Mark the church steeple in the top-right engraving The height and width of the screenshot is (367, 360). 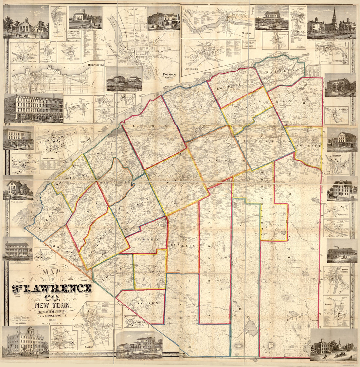pyautogui.click(x=334, y=16)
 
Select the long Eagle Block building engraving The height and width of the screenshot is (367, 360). pyautogui.click(x=34, y=108)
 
